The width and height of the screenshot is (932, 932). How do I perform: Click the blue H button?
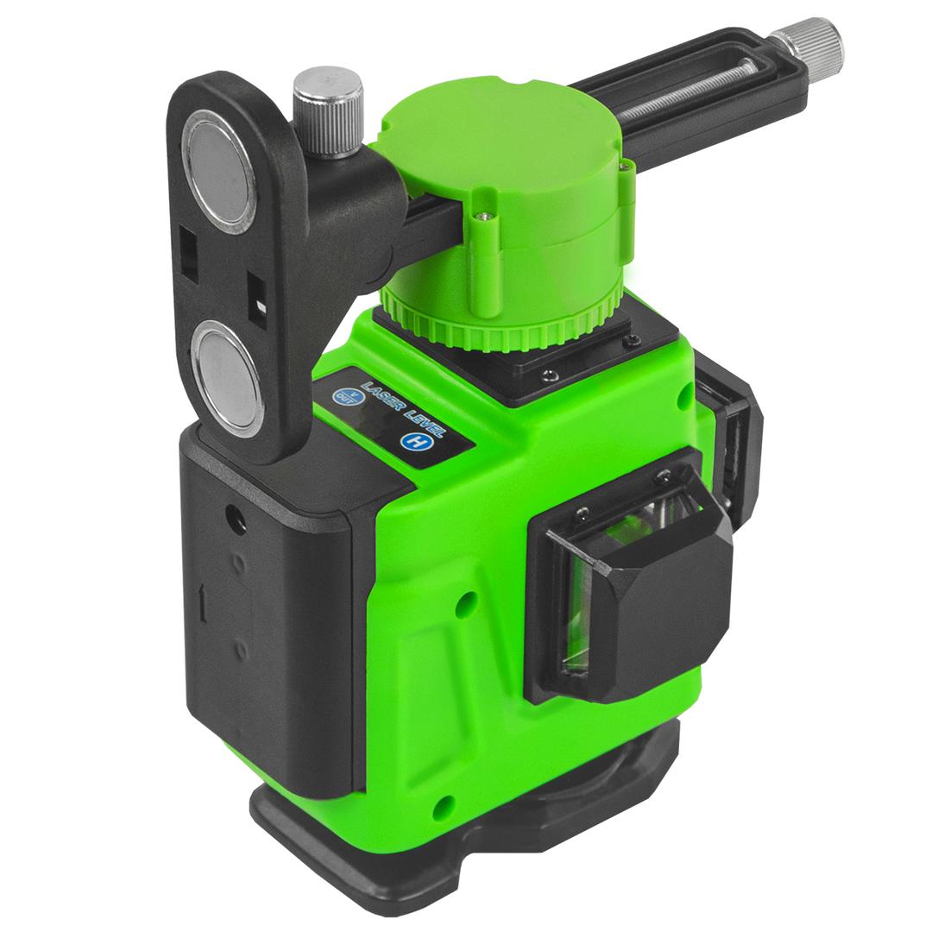pyautogui.click(x=410, y=442)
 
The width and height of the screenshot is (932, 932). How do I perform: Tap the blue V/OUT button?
pyautogui.click(x=343, y=395)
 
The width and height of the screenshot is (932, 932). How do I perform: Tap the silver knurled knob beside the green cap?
pyautogui.click(x=328, y=111)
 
